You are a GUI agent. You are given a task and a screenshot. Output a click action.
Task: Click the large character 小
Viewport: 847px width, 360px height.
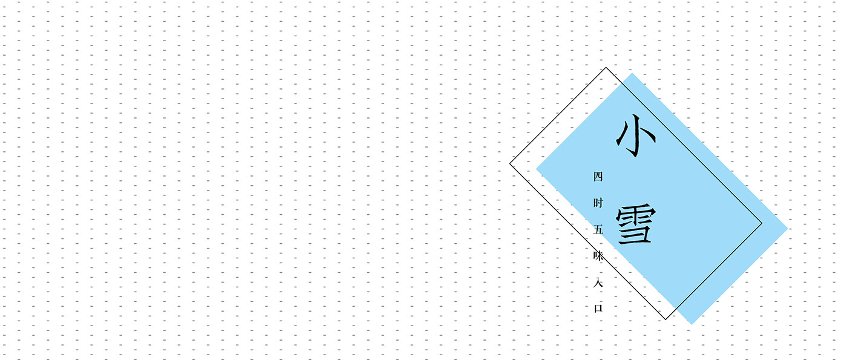[635, 137]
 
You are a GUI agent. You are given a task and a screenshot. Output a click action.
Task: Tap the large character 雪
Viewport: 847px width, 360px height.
[635, 226]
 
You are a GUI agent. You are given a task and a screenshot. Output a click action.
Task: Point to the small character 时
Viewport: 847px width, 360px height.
[598, 203]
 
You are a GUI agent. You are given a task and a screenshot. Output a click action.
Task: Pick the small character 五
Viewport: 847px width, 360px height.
[598, 230]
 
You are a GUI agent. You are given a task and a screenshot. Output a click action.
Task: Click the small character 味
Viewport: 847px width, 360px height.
[598, 256]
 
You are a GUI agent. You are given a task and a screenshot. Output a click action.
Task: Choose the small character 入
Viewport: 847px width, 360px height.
[598, 282]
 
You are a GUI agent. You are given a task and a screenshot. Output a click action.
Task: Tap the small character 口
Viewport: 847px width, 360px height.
[598, 308]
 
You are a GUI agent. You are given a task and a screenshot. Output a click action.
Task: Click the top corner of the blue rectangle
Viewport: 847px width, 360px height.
[632, 73]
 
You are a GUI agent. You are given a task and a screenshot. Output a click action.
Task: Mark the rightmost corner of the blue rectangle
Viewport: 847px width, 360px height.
[788, 229]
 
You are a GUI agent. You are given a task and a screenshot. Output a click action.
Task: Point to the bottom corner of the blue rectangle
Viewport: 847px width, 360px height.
[692, 324]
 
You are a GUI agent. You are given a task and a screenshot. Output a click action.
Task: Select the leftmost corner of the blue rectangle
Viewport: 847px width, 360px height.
[536, 169]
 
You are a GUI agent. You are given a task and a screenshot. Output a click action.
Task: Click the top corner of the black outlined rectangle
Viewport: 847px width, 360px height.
[606, 67]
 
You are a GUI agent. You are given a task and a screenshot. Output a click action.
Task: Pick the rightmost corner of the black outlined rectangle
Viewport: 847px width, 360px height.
[762, 224]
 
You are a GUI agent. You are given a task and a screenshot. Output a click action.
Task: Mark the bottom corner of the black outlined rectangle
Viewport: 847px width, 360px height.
[666, 319]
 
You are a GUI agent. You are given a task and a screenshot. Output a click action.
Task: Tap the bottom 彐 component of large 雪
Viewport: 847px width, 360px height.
[636, 235]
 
